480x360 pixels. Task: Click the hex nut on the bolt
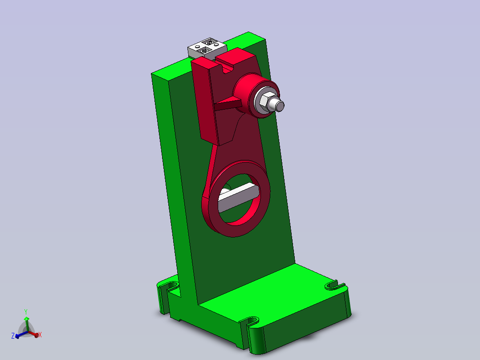(265, 102)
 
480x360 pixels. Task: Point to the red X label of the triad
(40, 335)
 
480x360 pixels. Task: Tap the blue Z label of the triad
(13, 335)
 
